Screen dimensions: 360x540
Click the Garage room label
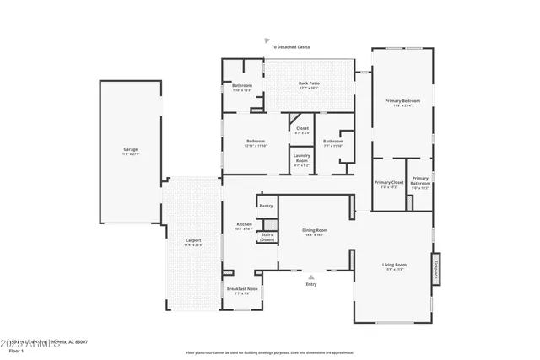point(129,149)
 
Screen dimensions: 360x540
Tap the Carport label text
point(193,240)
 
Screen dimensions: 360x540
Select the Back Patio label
point(308,83)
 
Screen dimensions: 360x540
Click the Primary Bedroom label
point(402,101)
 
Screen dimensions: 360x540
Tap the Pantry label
point(266,206)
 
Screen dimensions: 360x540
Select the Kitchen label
point(244,224)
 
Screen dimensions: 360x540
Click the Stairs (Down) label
point(267,237)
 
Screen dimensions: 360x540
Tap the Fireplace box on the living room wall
point(436,266)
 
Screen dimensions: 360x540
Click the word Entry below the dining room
point(312,284)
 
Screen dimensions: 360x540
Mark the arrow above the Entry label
point(312,276)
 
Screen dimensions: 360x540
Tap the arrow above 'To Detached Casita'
point(267,40)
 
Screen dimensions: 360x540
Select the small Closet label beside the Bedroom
point(302,129)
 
